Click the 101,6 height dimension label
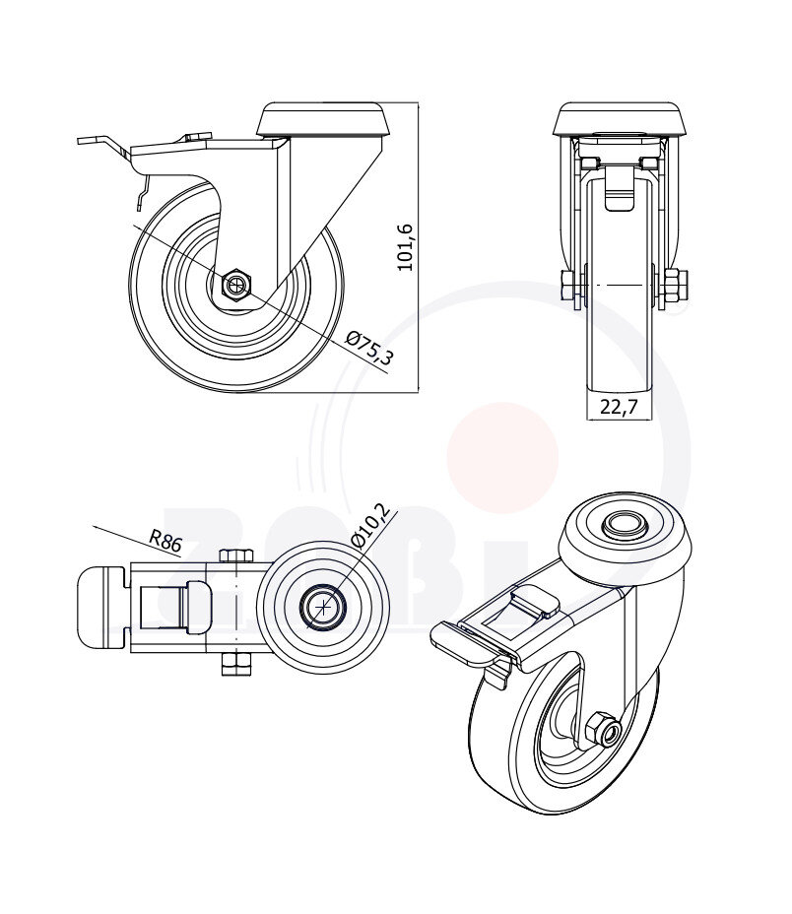(405, 247)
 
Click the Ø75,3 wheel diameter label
(369, 349)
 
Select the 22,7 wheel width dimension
(618, 406)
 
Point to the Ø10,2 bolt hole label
(371, 528)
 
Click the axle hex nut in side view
(236, 286)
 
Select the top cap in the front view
(619, 119)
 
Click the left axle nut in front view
(570, 286)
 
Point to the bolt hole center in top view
(323, 607)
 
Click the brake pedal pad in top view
(102, 606)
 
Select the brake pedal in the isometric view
(463, 642)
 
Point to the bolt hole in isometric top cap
(623, 525)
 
